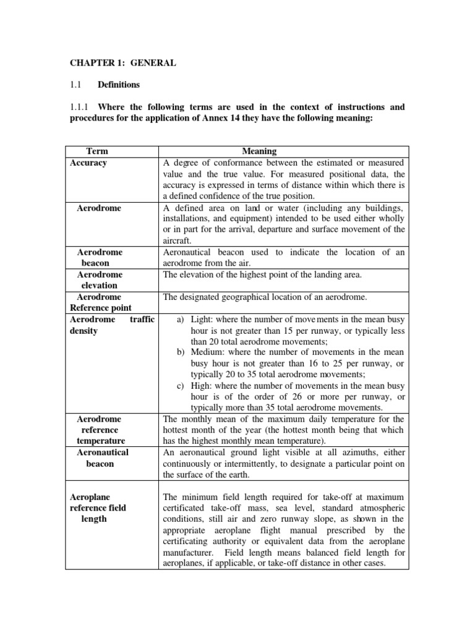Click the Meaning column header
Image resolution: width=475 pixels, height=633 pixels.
259,151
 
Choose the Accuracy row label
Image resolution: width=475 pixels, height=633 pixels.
88,163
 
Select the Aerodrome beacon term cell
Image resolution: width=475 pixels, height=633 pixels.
100,257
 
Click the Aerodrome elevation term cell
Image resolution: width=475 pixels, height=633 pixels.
100,279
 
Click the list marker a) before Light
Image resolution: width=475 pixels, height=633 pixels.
181,320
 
